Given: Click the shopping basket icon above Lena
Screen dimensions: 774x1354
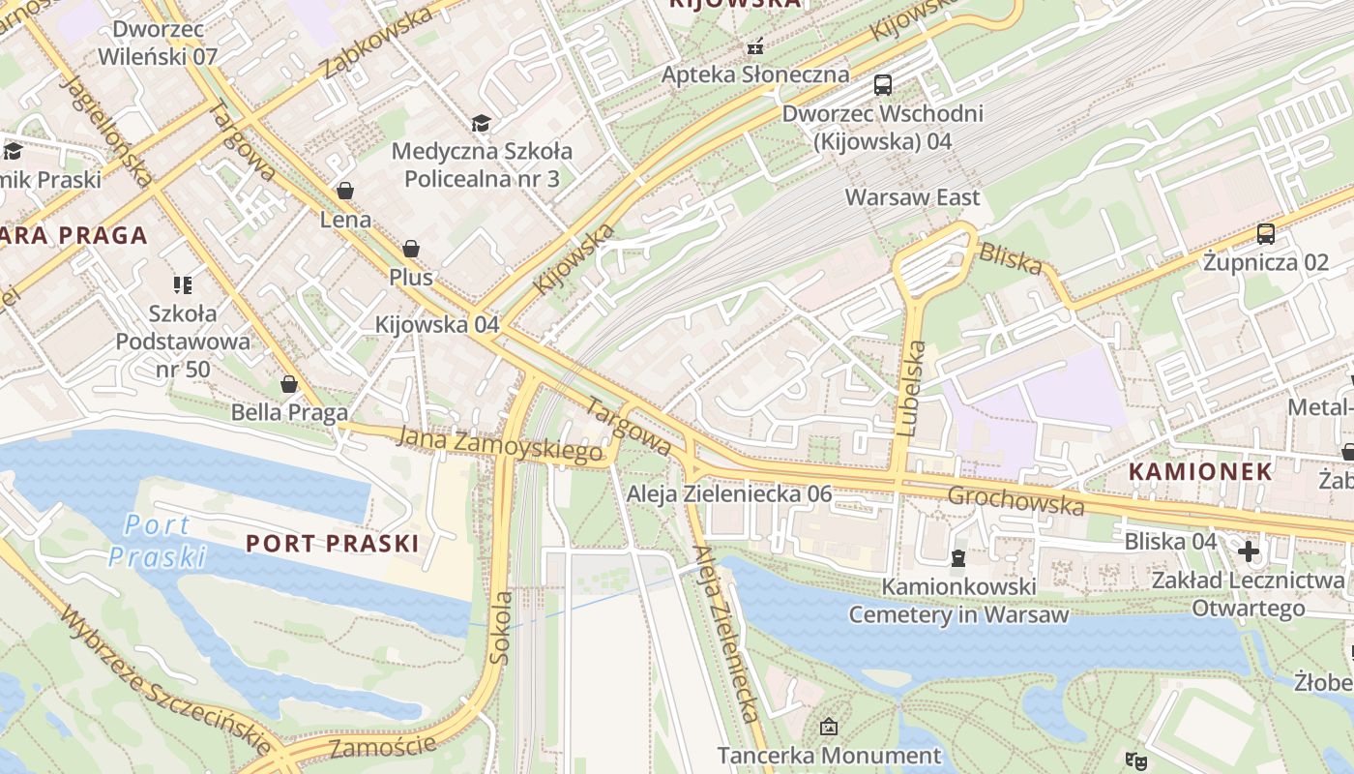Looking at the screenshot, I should (x=345, y=191).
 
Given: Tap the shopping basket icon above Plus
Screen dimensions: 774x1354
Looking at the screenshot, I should (x=411, y=249).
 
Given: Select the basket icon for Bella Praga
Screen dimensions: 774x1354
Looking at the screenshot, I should (x=288, y=384).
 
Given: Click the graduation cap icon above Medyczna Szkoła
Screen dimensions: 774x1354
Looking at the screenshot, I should (x=481, y=123).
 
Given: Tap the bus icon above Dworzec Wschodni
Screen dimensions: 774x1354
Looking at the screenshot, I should (x=882, y=85).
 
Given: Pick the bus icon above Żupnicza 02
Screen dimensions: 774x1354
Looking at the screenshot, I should (x=1265, y=233).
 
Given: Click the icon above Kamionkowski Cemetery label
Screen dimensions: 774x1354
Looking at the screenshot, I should (x=957, y=557).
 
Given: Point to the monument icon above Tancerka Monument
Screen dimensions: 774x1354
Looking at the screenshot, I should (x=829, y=726).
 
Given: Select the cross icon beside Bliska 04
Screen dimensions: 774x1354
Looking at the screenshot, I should (x=1249, y=551).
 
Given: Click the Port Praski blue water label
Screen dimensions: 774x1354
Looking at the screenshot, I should (x=157, y=540).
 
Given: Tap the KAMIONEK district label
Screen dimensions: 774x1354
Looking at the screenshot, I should (x=1200, y=471).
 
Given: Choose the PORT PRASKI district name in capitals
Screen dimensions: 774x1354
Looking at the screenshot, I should (x=332, y=543).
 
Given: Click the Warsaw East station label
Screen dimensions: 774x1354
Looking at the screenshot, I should (x=912, y=197).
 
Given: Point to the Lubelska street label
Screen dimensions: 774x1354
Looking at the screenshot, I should (x=911, y=389).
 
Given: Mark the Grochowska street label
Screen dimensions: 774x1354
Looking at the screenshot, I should (x=1015, y=500).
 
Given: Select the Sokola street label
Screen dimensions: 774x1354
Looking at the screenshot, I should (x=500, y=626).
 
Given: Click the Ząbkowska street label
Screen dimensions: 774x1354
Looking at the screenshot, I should (x=377, y=43).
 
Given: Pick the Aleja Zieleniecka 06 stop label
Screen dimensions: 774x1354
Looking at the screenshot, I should (x=729, y=493).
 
